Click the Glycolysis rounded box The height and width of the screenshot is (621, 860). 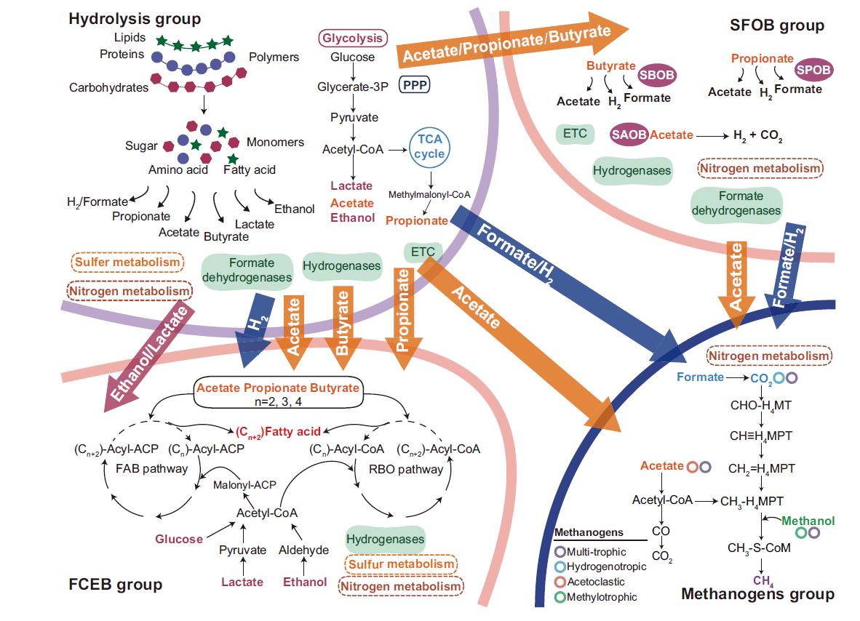click(x=352, y=39)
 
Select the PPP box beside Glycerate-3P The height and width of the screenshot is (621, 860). click(x=415, y=86)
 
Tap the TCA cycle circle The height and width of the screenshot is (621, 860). click(x=429, y=145)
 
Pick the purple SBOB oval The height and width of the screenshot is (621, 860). click(x=657, y=74)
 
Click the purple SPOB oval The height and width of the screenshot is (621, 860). click(x=814, y=69)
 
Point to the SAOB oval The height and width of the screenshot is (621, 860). click(x=629, y=135)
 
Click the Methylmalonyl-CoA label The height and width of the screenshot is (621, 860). click(x=429, y=195)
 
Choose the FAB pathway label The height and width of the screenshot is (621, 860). click(x=151, y=469)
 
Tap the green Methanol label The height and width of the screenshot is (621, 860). click(x=808, y=521)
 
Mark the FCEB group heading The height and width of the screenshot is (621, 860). click(x=115, y=585)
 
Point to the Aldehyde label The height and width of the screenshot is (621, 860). click(x=304, y=550)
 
